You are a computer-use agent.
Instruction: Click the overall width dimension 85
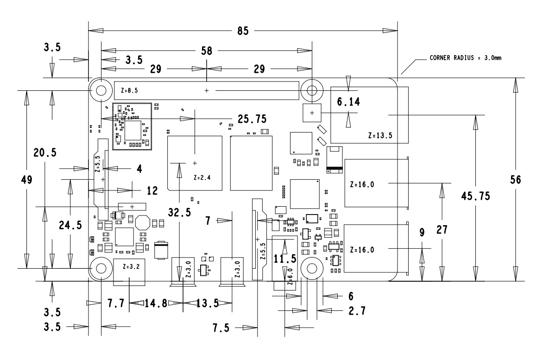[243, 31]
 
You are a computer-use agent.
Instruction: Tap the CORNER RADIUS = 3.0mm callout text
[466, 58]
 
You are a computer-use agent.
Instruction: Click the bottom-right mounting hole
[311, 268]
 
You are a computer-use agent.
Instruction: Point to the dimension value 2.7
[356, 311]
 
